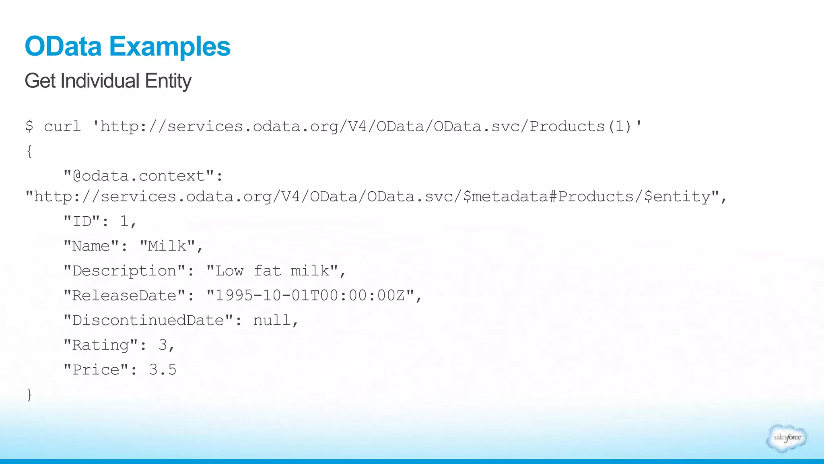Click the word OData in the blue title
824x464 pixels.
click(x=63, y=46)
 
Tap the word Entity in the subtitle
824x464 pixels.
click(x=168, y=81)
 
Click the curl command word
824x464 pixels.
click(x=62, y=126)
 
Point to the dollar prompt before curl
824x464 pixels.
click(x=29, y=126)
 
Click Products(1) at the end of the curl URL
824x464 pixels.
click(x=580, y=126)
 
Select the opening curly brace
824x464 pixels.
click(x=29, y=151)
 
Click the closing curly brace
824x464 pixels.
click(x=29, y=394)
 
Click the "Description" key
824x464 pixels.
click(x=124, y=271)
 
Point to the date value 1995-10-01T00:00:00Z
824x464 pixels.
click(x=310, y=296)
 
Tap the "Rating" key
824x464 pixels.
click(x=101, y=345)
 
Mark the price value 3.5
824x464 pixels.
click(x=163, y=370)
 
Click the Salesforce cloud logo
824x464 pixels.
click(x=787, y=438)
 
